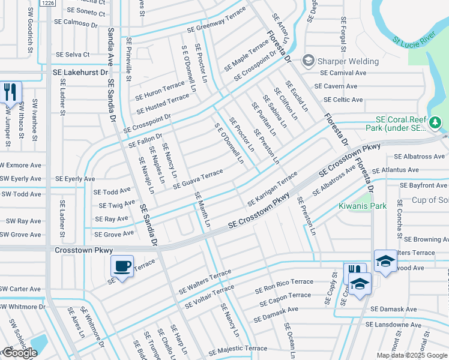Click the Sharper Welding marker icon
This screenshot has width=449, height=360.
coord(309,61)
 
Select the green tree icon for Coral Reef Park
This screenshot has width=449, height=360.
coord(436,123)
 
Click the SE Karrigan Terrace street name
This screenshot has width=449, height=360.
coord(272,186)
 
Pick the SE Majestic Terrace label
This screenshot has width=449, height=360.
coord(238,349)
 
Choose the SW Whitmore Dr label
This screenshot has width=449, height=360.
coord(22,307)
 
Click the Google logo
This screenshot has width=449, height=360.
coord(19,353)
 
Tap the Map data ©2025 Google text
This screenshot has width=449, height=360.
coord(411,355)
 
